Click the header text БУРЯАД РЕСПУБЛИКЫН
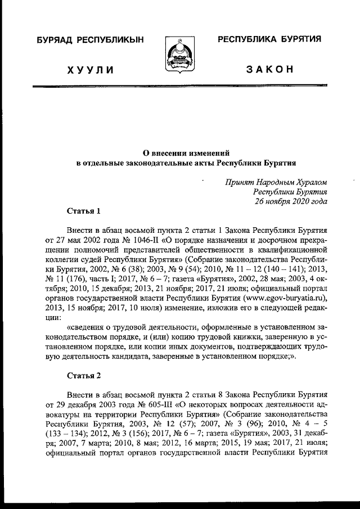pyautogui.click(x=90, y=40)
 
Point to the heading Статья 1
pyautogui.click(x=84, y=211)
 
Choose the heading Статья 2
pyautogui.click(x=84, y=375)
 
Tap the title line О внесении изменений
pyautogui.click(x=186, y=152)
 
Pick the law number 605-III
pyautogui.click(x=147, y=404)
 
